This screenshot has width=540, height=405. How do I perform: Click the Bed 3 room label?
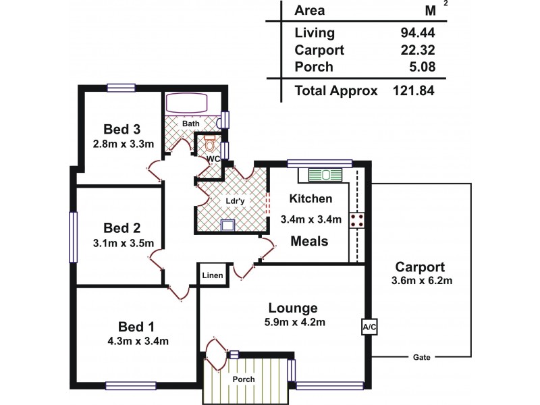(x=122, y=130)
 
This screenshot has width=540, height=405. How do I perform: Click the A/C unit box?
(x=369, y=327)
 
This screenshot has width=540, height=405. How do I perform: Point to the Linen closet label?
(x=211, y=276)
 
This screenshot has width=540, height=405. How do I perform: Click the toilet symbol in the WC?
(x=210, y=144)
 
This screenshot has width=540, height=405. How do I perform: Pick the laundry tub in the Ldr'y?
(x=228, y=224)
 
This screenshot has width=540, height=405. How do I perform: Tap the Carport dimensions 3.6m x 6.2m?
(x=419, y=280)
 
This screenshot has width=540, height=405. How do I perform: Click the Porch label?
(x=243, y=379)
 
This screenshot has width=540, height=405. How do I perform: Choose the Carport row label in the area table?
(x=320, y=49)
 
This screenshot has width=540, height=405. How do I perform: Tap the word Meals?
(x=309, y=241)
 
